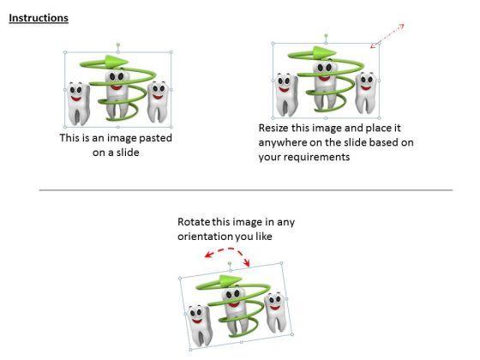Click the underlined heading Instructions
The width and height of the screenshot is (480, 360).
(x=39, y=18)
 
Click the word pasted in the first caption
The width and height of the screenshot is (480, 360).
(x=155, y=138)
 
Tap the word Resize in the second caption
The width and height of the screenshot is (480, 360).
(x=273, y=128)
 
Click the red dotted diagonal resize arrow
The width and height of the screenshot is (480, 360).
(x=387, y=36)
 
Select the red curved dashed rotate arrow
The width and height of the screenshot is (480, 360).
(x=228, y=250)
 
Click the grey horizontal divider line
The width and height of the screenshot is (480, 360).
(x=246, y=190)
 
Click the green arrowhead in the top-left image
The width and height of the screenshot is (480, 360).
(x=116, y=61)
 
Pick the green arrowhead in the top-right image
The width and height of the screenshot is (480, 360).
(x=325, y=52)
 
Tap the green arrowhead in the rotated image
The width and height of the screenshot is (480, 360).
(x=231, y=281)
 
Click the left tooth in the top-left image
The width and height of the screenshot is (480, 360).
(x=78, y=104)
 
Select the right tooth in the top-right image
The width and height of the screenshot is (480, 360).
(x=365, y=93)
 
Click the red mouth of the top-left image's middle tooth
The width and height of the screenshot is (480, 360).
(x=117, y=87)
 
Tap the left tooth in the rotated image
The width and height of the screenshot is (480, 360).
(x=201, y=326)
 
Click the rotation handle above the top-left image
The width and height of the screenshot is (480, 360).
(x=118, y=45)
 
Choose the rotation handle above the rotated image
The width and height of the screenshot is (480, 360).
(x=230, y=263)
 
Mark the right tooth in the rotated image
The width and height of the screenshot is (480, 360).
(x=275, y=312)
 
